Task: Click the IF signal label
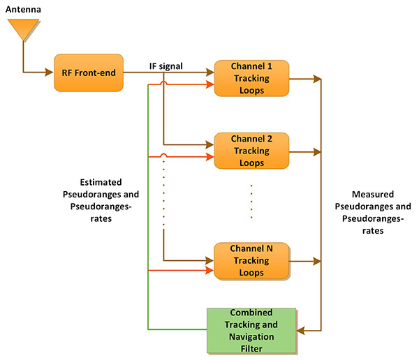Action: [167, 66]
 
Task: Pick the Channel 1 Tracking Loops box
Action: [251, 78]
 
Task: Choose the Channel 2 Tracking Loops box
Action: [251, 151]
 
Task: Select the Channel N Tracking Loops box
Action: [251, 261]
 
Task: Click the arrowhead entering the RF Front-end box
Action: [51, 72]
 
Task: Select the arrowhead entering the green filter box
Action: [300, 330]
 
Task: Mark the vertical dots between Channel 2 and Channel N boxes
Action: [251, 202]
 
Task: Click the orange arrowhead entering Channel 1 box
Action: [211, 84]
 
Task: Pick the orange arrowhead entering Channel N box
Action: [211, 268]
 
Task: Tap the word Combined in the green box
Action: [251, 312]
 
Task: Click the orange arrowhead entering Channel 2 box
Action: [211, 156]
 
